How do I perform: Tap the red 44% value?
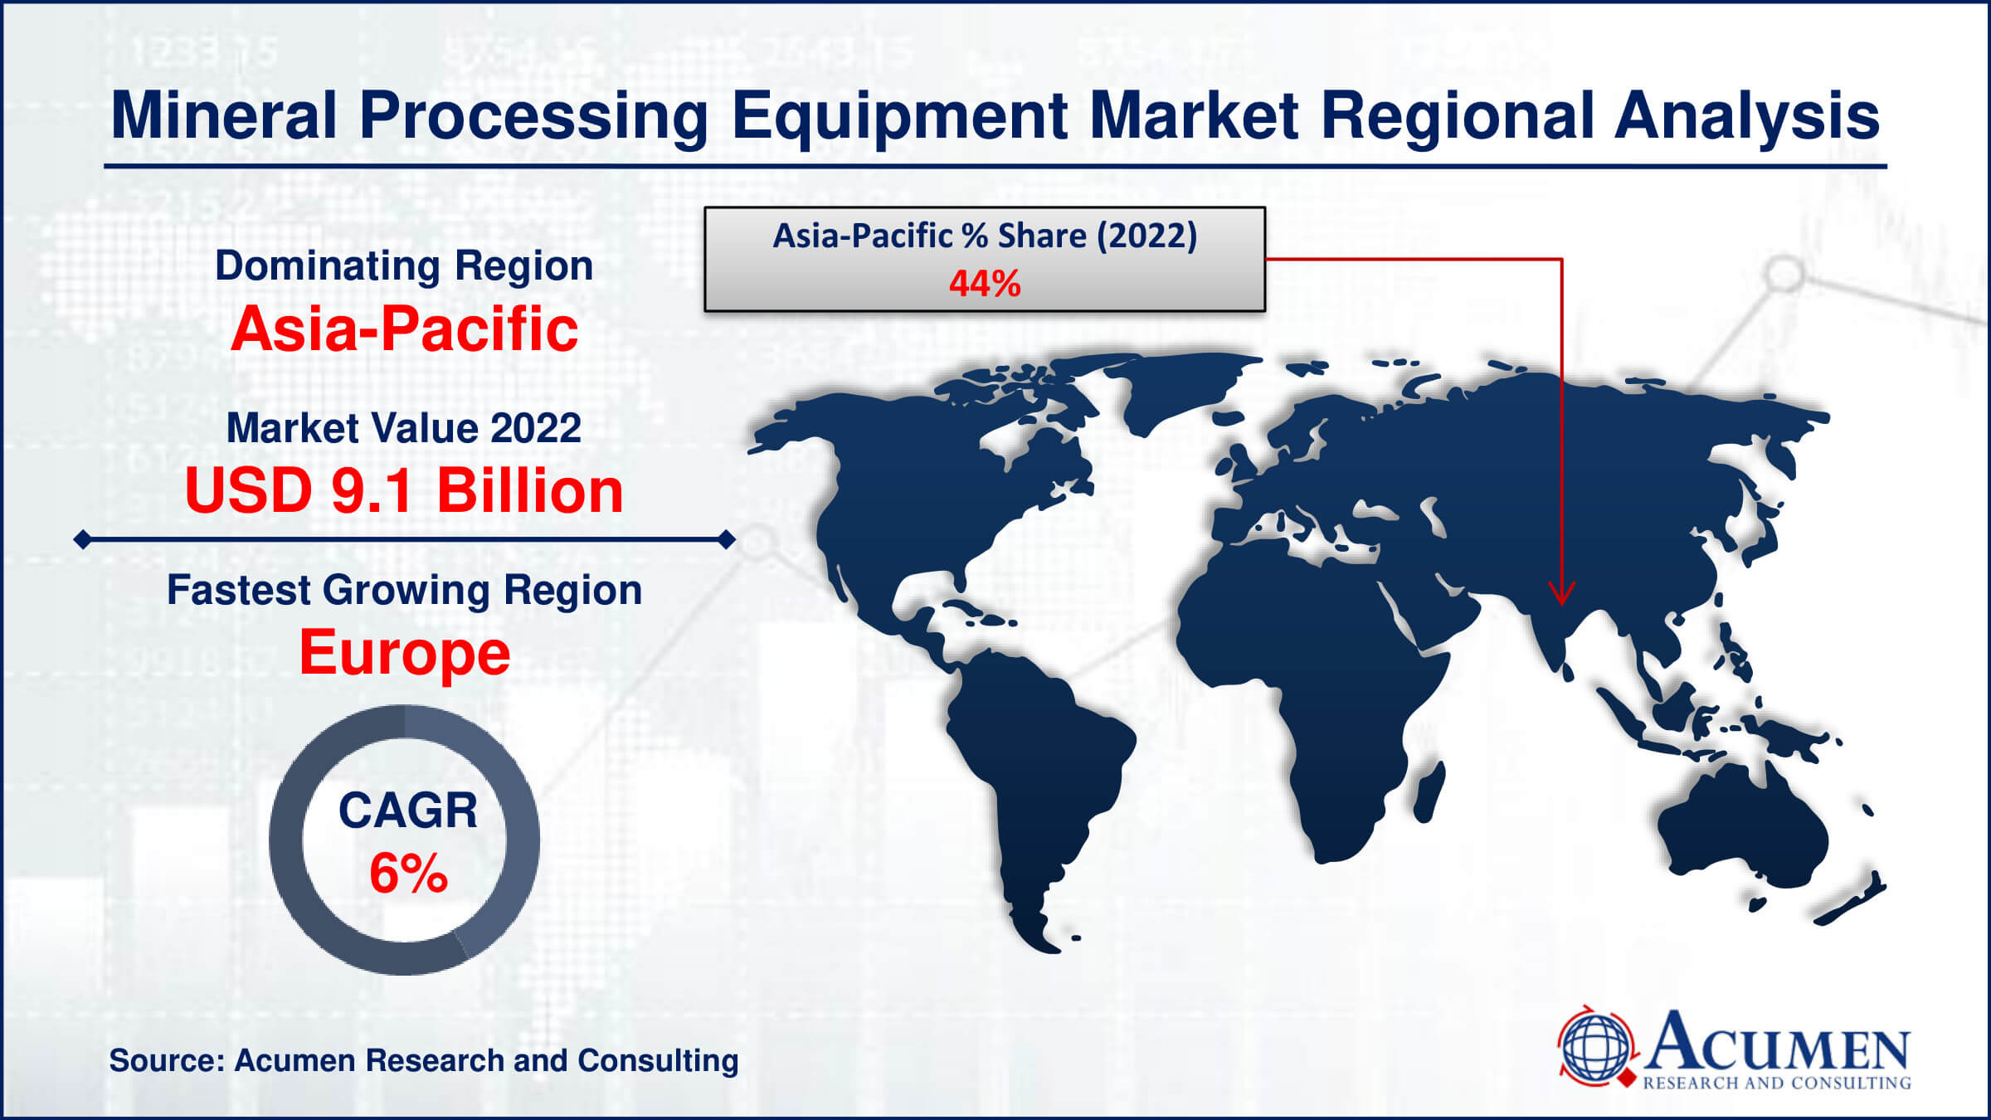[985, 284]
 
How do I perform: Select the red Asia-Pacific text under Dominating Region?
[404, 329]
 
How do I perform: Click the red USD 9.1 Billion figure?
[404, 490]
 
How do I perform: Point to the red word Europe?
[404, 653]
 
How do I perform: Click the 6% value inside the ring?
[408, 873]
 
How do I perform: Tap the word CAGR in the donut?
[408, 810]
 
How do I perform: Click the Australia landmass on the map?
[1742, 830]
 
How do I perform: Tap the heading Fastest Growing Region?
[404, 591]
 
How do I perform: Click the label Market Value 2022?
[404, 428]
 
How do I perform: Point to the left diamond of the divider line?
[83, 540]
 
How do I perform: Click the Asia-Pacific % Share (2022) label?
[985, 236]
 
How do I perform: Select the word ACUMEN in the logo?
[1777, 1042]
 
